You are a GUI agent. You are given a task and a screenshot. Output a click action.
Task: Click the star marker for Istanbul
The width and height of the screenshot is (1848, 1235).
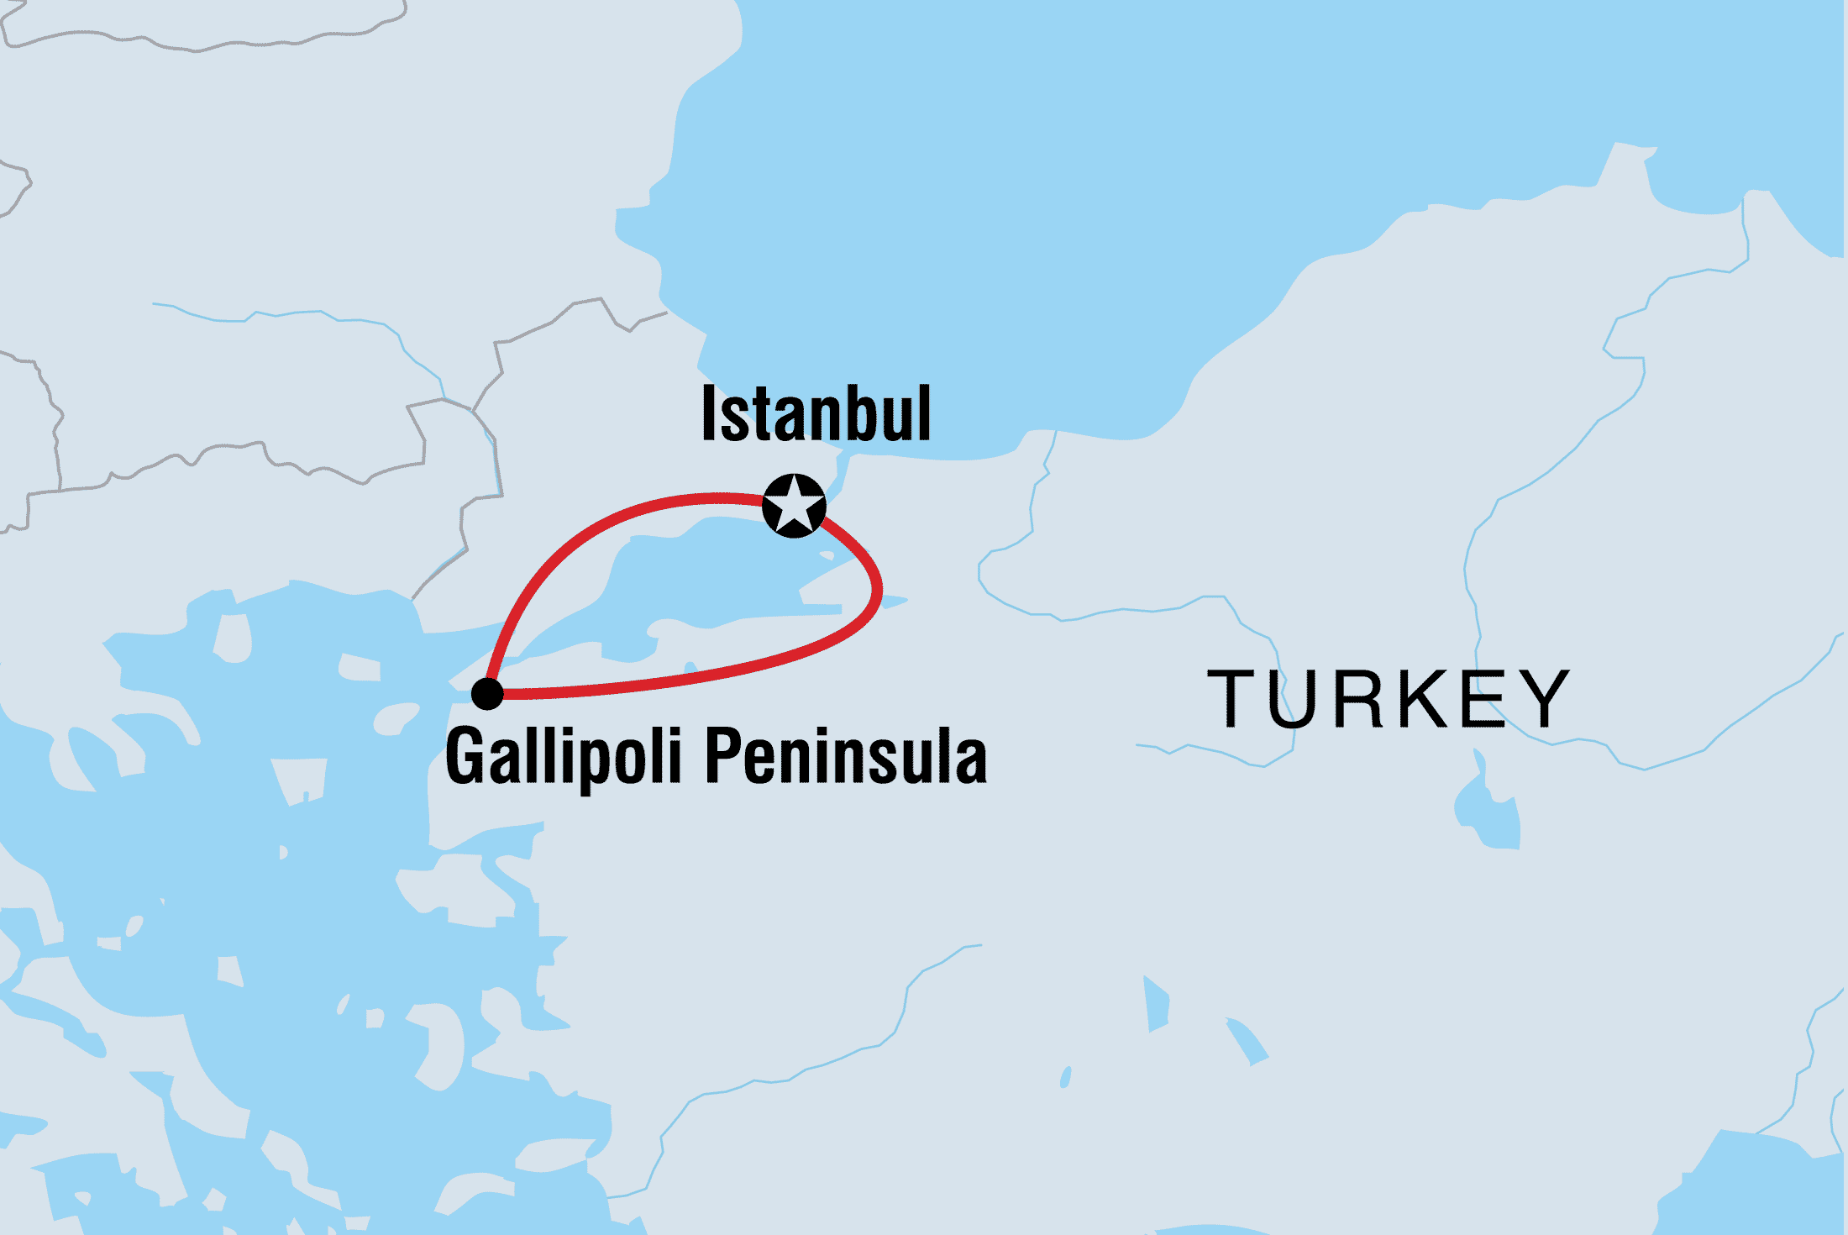[x=794, y=506]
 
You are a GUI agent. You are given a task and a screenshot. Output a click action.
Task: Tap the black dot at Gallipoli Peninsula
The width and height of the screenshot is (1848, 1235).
[x=487, y=694]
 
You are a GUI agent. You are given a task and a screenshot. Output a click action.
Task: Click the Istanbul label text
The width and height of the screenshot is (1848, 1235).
[x=816, y=413]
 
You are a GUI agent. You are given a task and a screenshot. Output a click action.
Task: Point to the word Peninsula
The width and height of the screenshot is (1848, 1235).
[x=845, y=757]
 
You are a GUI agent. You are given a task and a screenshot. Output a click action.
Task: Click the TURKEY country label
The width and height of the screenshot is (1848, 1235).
[x=1388, y=699]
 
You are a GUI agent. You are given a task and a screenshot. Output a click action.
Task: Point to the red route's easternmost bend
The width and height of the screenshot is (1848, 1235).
[x=879, y=588]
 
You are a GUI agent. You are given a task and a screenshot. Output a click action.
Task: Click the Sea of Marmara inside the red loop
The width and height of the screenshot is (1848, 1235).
[x=714, y=580]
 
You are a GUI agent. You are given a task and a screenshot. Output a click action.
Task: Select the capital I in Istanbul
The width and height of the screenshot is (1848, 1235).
[x=708, y=413]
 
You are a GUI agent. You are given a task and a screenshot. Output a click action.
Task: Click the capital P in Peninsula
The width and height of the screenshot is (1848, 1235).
[x=721, y=755]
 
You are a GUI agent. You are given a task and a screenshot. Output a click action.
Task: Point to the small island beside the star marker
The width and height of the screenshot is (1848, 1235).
[x=827, y=555]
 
